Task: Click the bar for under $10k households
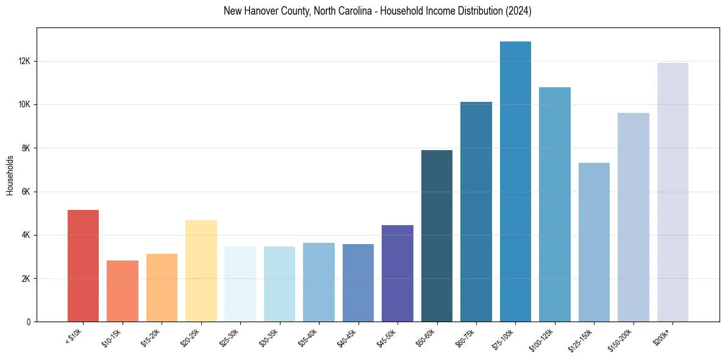83,265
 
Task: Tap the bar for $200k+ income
673,192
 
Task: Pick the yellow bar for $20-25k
201,271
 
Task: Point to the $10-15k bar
122,291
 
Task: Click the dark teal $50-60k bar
437,236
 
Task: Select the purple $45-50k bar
398,273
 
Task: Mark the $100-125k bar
555,204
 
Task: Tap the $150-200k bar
633,217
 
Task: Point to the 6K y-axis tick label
26,192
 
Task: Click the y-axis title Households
10,175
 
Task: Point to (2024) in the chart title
518,11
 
